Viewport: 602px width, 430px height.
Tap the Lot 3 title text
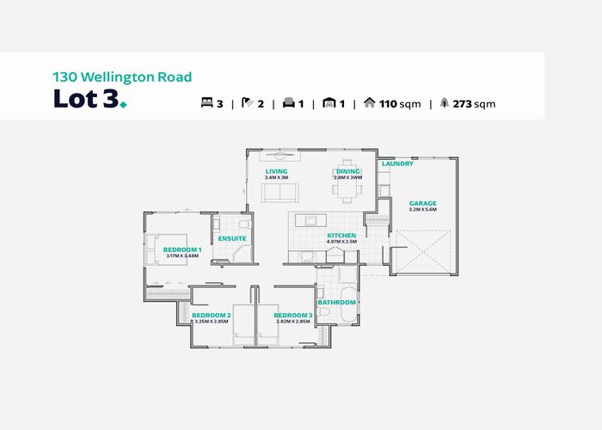[89, 100]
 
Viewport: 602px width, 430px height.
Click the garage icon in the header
[328, 104]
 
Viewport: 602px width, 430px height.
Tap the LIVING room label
[276, 172]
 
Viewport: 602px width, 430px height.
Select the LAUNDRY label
[397, 163]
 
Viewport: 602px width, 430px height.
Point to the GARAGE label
[424, 203]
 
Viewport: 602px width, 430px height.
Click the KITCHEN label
[341, 236]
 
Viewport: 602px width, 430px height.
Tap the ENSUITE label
[232, 238]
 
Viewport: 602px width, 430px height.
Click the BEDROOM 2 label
[210, 316]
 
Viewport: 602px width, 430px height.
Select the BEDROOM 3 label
[292, 316]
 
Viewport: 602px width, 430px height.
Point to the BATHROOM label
[336, 303]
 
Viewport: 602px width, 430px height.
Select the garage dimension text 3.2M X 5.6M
[424, 210]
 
